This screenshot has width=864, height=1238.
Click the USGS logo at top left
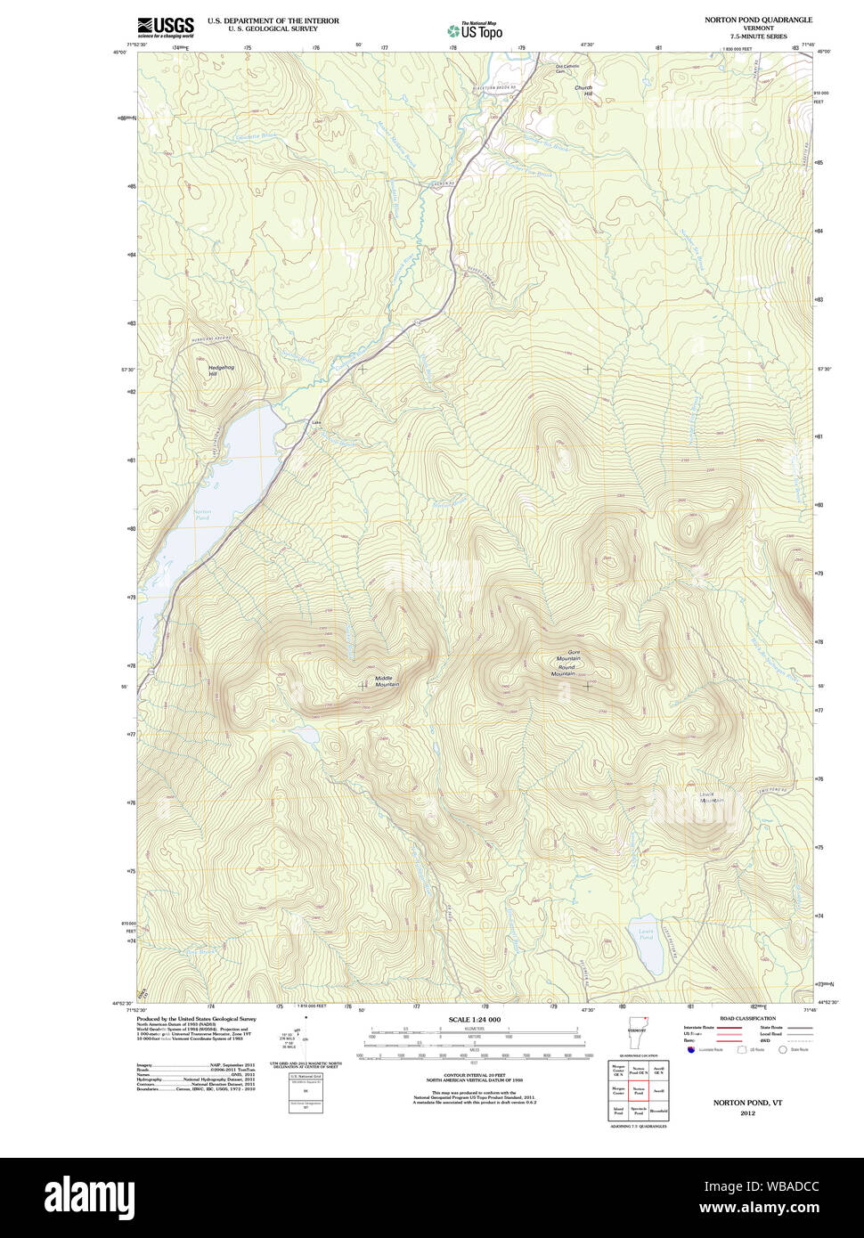165,26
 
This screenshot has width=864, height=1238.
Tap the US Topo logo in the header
475,30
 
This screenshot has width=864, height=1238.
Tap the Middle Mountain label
387,681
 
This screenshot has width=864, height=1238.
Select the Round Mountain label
564,671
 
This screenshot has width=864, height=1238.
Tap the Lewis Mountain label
710,798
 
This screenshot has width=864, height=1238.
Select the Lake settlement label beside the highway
315,422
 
